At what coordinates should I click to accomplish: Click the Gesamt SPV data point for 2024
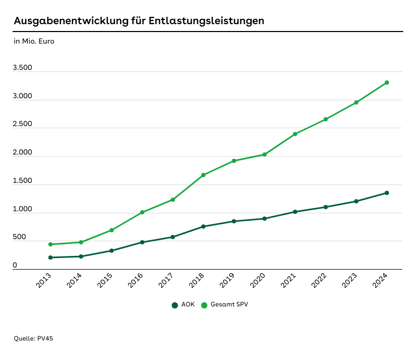pos(387,83)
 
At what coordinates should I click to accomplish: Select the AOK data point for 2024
pos(387,193)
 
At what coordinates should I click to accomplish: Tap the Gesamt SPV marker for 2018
pos(203,175)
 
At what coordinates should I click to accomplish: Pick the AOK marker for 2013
pos(50,258)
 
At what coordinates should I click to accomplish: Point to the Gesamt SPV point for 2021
pos(295,134)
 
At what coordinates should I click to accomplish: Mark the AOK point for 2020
pos(265,219)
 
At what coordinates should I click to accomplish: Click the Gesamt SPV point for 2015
pos(112,230)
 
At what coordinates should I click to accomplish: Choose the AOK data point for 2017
pos(173,237)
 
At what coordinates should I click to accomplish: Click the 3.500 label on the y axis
pos(23,68)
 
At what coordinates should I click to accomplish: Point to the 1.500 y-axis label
pos(23,181)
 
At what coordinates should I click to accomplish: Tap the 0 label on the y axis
pos(15,265)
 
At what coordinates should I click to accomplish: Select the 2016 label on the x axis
pos(136,281)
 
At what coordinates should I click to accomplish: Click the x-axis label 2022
pos(319,281)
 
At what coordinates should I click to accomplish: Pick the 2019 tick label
pos(227,281)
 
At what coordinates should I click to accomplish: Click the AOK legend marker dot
pos(174,305)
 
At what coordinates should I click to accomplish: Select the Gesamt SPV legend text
pos(229,305)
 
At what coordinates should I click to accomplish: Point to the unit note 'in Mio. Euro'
pos(34,41)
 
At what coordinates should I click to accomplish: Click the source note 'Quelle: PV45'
pos(33,338)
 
